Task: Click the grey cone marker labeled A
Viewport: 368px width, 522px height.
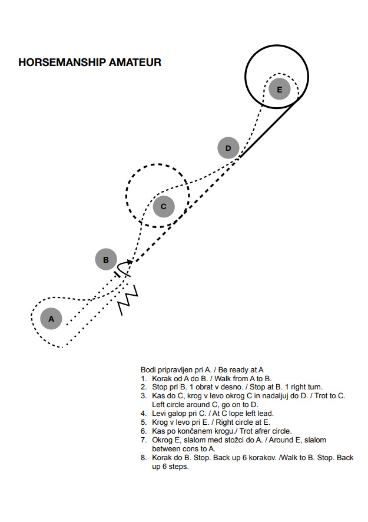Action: (51, 319)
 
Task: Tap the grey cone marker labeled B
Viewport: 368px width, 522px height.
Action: (106, 259)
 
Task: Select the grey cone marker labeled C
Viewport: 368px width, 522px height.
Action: (163, 206)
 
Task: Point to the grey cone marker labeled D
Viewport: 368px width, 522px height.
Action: (228, 148)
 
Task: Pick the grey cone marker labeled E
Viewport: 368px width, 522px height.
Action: (280, 89)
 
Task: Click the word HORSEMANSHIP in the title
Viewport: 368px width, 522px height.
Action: (62, 62)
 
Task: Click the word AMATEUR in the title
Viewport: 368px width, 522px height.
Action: (135, 62)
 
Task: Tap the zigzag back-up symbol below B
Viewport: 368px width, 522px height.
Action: (128, 300)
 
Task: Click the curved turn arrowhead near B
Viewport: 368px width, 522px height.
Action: (130, 262)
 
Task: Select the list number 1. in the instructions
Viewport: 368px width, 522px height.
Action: (144, 378)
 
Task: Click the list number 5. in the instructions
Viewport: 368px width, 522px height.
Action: (144, 422)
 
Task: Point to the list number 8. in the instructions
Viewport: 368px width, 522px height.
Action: (144, 458)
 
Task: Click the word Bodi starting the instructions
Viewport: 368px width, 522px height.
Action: (148, 370)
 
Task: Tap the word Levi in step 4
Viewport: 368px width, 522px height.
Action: (158, 414)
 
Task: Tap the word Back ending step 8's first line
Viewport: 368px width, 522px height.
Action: (345, 458)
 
